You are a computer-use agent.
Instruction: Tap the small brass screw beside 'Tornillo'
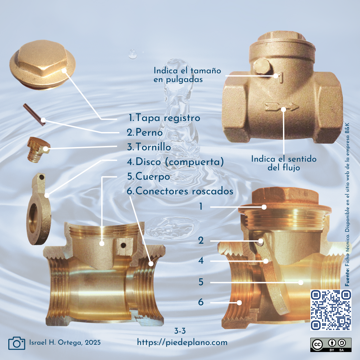(x=38, y=150)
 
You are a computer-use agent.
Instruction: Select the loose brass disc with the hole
(x=38, y=209)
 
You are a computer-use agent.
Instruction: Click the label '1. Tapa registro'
(x=164, y=118)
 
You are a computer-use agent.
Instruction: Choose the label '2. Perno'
(x=145, y=132)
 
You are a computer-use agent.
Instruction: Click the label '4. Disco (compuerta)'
(x=175, y=162)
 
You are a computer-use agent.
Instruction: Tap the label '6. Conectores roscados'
(x=180, y=191)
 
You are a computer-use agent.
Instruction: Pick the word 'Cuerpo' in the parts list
(x=153, y=177)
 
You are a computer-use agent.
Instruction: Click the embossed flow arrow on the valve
(x=282, y=107)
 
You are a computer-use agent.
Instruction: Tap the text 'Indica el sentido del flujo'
(x=284, y=163)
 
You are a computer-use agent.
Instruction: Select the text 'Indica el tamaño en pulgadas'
(x=187, y=75)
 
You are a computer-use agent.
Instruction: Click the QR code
(x=331, y=310)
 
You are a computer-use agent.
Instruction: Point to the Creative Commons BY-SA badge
(x=331, y=345)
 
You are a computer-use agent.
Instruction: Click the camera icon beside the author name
(x=17, y=343)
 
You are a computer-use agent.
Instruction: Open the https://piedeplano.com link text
(x=182, y=343)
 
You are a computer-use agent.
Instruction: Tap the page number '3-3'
(x=180, y=331)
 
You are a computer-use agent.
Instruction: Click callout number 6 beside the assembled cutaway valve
(x=201, y=302)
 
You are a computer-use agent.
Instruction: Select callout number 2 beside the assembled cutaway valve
(x=201, y=241)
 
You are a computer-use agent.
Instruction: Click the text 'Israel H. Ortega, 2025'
(x=65, y=343)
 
